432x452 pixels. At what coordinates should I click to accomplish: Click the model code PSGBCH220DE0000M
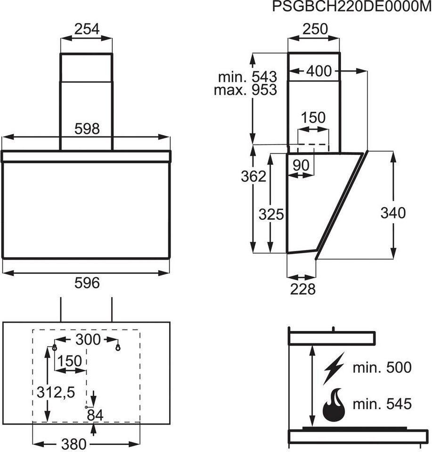[x=352, y=7]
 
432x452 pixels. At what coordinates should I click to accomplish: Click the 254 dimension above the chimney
[x=87, y=29]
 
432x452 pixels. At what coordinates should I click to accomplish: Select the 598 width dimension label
[x=87, y=129]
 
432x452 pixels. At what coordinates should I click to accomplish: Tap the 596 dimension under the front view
[x=87, y=282]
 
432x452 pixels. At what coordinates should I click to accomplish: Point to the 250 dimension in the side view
[x=314, y=29]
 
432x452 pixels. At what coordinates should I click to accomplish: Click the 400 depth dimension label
[x=319, y=71]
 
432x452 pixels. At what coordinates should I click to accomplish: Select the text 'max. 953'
[x=245, y=90]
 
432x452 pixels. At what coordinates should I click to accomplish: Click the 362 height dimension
[x=254, y=177]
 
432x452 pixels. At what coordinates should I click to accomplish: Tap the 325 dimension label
[x=271, y=215]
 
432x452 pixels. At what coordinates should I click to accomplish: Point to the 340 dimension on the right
[x=393, y=213]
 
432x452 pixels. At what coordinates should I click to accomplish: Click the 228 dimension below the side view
[x=302, y=289]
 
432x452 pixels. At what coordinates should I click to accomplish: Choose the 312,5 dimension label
[x=55, y=391]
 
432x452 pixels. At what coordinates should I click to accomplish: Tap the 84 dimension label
[x=96, y=415]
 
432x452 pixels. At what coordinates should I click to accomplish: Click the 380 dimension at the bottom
[x=74, y=444]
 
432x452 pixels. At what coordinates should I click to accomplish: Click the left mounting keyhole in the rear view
[x=55, y=347]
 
